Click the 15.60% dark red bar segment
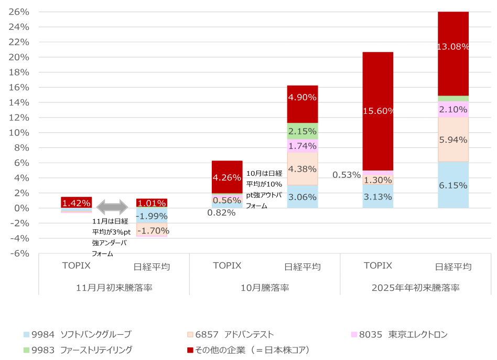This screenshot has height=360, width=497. pyautogui.click(x=377, y=94)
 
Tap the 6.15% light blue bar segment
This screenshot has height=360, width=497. pyautogui.click(x=453, y=185)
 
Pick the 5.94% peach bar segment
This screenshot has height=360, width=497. pyautogui.click(x=453, y=139)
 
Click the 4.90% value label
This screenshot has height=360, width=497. pyautogui.click(x=302, y=97)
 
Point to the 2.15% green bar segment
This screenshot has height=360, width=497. pyautogui.click(x=302, y=131)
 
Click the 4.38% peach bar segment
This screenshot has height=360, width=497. pyautogui.click(x=302, y=168)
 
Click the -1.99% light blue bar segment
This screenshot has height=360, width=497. pyautogui.click(x=152, y=216)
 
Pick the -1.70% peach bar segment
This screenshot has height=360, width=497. pyautogui.click(x=152, y=230)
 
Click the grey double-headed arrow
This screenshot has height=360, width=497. pyautogui.click(x=112, y=206)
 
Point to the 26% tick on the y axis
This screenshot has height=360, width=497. pyautogui.click(x=19, y=12)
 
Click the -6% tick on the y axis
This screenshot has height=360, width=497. pyautogui.click(x=19, y=253)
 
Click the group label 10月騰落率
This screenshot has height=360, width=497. pyautogui.click(x=264, y=288)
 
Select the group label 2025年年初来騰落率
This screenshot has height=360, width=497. pyautogui.click(x=415, y=288)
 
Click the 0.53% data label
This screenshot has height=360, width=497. pyautogui.click(x=347, y=175)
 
